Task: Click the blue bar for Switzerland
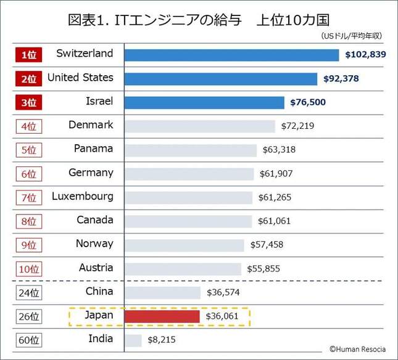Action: [x=231, y=55]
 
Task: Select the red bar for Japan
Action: [x=162, y=316]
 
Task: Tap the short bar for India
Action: [x=133, y=340]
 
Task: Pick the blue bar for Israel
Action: [x=204, y=102]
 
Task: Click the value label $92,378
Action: [x=341, y=79]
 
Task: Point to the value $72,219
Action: [x=297, y=126]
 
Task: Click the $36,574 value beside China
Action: [x=223, y=293]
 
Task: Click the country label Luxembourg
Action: [x=83, y=197]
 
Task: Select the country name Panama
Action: [x=93, y=149]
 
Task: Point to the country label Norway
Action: [x=94, y=243]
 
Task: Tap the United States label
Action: [x=80, y=78]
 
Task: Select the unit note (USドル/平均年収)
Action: [x=351, y=36]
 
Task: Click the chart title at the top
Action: [x=199, y=18]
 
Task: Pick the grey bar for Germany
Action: [x=189, y=174]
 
